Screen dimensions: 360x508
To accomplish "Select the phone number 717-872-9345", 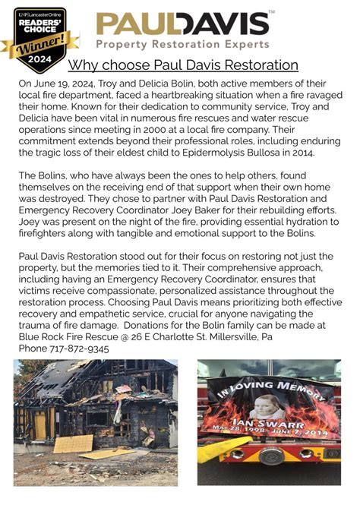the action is [x=79, y=349].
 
